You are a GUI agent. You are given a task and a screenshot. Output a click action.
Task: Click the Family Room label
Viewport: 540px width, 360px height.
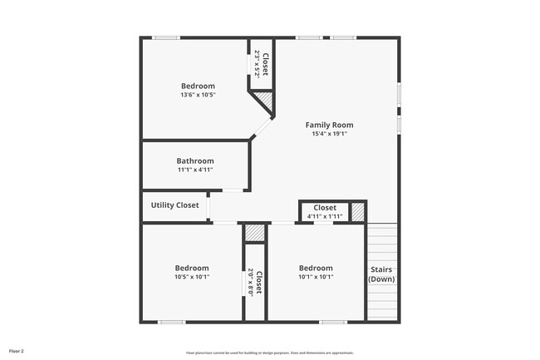pos(330,125)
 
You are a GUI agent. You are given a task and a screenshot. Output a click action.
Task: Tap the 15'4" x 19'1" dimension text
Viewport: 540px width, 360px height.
pos(330,134)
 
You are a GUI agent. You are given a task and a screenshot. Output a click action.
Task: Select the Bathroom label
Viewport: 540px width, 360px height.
pos(195,160)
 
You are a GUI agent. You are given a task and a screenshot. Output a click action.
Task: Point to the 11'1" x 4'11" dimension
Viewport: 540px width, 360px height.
pos(195,170)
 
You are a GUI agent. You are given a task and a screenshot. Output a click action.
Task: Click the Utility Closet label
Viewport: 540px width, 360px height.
pos(174,205)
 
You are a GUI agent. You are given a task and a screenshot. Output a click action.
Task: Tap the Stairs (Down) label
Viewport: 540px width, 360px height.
pos(381,274)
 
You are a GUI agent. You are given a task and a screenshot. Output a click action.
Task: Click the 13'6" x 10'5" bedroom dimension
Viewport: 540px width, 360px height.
pos(199,95)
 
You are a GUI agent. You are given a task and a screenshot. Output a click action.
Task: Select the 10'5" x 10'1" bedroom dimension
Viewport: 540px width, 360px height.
pos(192,277)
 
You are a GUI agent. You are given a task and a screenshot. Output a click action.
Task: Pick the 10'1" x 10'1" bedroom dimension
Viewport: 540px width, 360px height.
pos(316,277)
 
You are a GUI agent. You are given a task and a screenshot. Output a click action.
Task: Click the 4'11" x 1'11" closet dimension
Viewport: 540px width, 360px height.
pos(324,216)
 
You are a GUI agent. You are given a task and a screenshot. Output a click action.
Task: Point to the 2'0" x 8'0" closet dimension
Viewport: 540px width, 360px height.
pos(250,283)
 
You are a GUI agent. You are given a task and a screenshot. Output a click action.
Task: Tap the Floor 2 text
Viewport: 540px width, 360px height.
pos(17,352)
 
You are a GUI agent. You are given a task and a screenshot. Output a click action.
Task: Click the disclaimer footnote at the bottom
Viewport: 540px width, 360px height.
pos(270,353)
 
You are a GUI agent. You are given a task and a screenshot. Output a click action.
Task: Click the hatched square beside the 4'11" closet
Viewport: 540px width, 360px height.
pos(358,211)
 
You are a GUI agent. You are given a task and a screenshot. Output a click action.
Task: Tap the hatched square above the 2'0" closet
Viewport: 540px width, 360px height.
pos(254,234)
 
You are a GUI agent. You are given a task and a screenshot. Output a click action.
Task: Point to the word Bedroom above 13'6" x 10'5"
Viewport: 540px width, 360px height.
pos(199,86)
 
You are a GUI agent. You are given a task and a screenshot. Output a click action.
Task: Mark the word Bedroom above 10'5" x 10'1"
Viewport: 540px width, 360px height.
pos(192,268)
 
